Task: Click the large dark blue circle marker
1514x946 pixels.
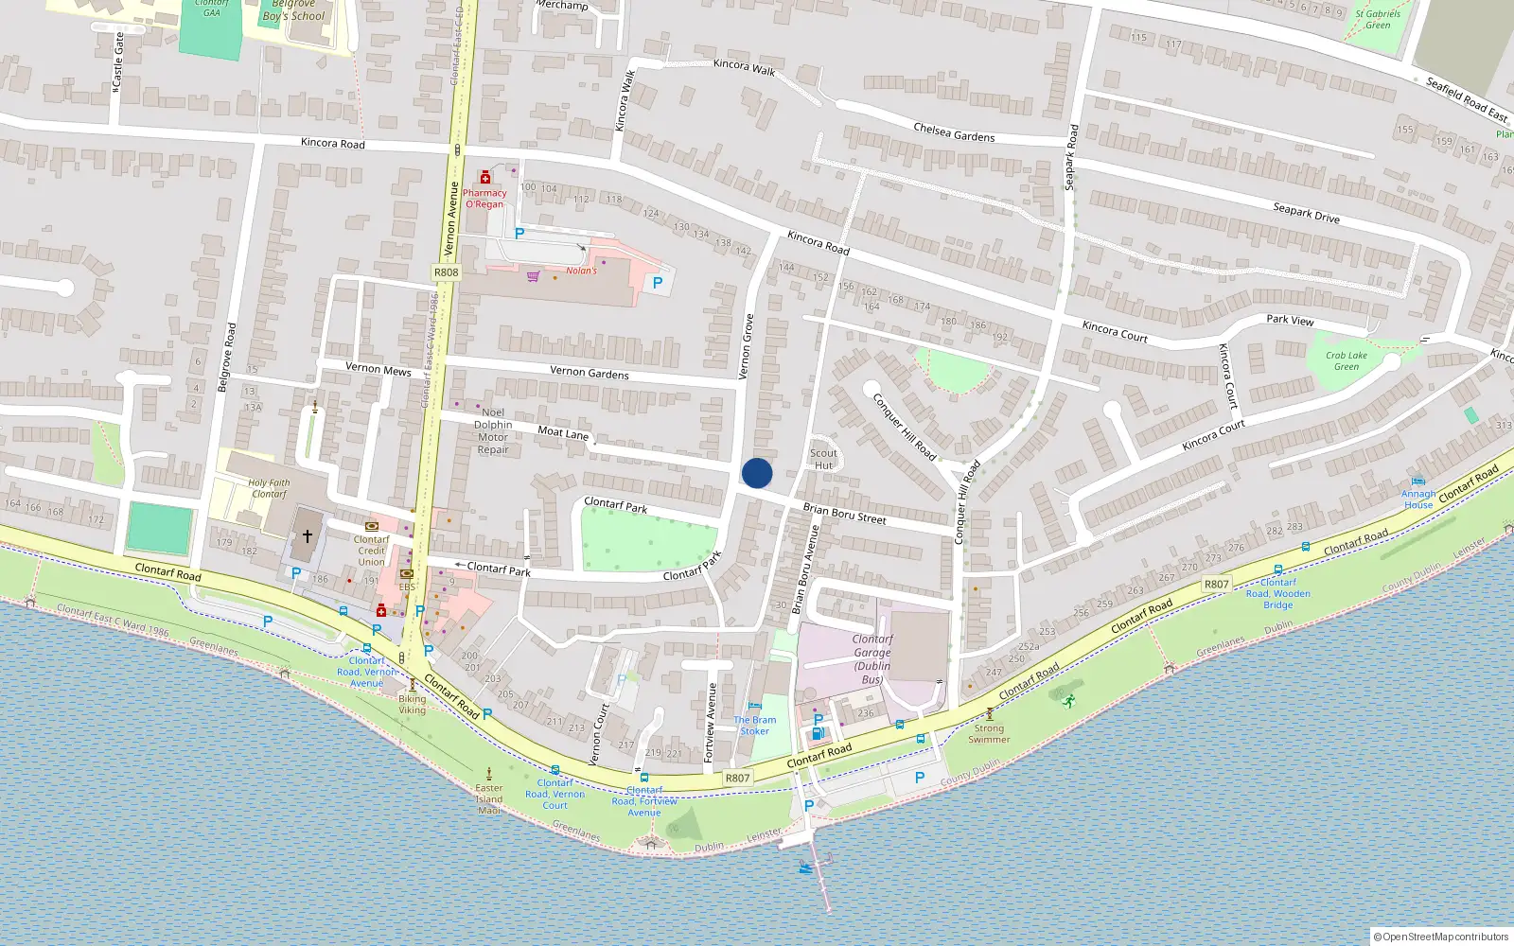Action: point(757,473)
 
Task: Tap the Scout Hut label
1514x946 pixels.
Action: point(823,459)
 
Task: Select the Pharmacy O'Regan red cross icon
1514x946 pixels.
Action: point(485,177)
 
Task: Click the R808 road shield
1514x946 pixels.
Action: point(446,272)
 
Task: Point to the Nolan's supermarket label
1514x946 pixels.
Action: point(581,271)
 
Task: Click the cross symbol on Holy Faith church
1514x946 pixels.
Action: point(308,536)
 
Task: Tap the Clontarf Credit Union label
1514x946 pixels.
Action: point(371,551)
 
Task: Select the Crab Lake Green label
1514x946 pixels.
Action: point(1346,361)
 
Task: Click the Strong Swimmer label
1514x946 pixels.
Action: point(989,734)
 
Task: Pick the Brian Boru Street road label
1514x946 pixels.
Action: point(844,514)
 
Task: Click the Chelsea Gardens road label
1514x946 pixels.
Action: point(954,132)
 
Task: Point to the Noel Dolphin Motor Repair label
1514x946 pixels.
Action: point(493,431)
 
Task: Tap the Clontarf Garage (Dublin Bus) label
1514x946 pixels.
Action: point(872,659)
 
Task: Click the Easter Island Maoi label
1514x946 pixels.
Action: point(489,798)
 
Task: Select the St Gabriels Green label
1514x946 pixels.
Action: point(1378,20)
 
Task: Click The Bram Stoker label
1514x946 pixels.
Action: point(755,726)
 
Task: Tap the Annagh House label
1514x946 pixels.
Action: point(1417,499)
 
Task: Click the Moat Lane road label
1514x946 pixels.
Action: point(563,432)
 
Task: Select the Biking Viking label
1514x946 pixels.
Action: point(412,705)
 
